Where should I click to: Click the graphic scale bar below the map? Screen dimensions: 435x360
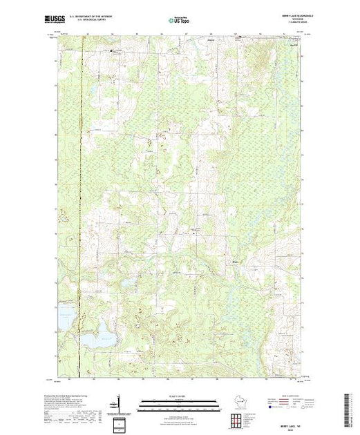[x=179, y=401]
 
